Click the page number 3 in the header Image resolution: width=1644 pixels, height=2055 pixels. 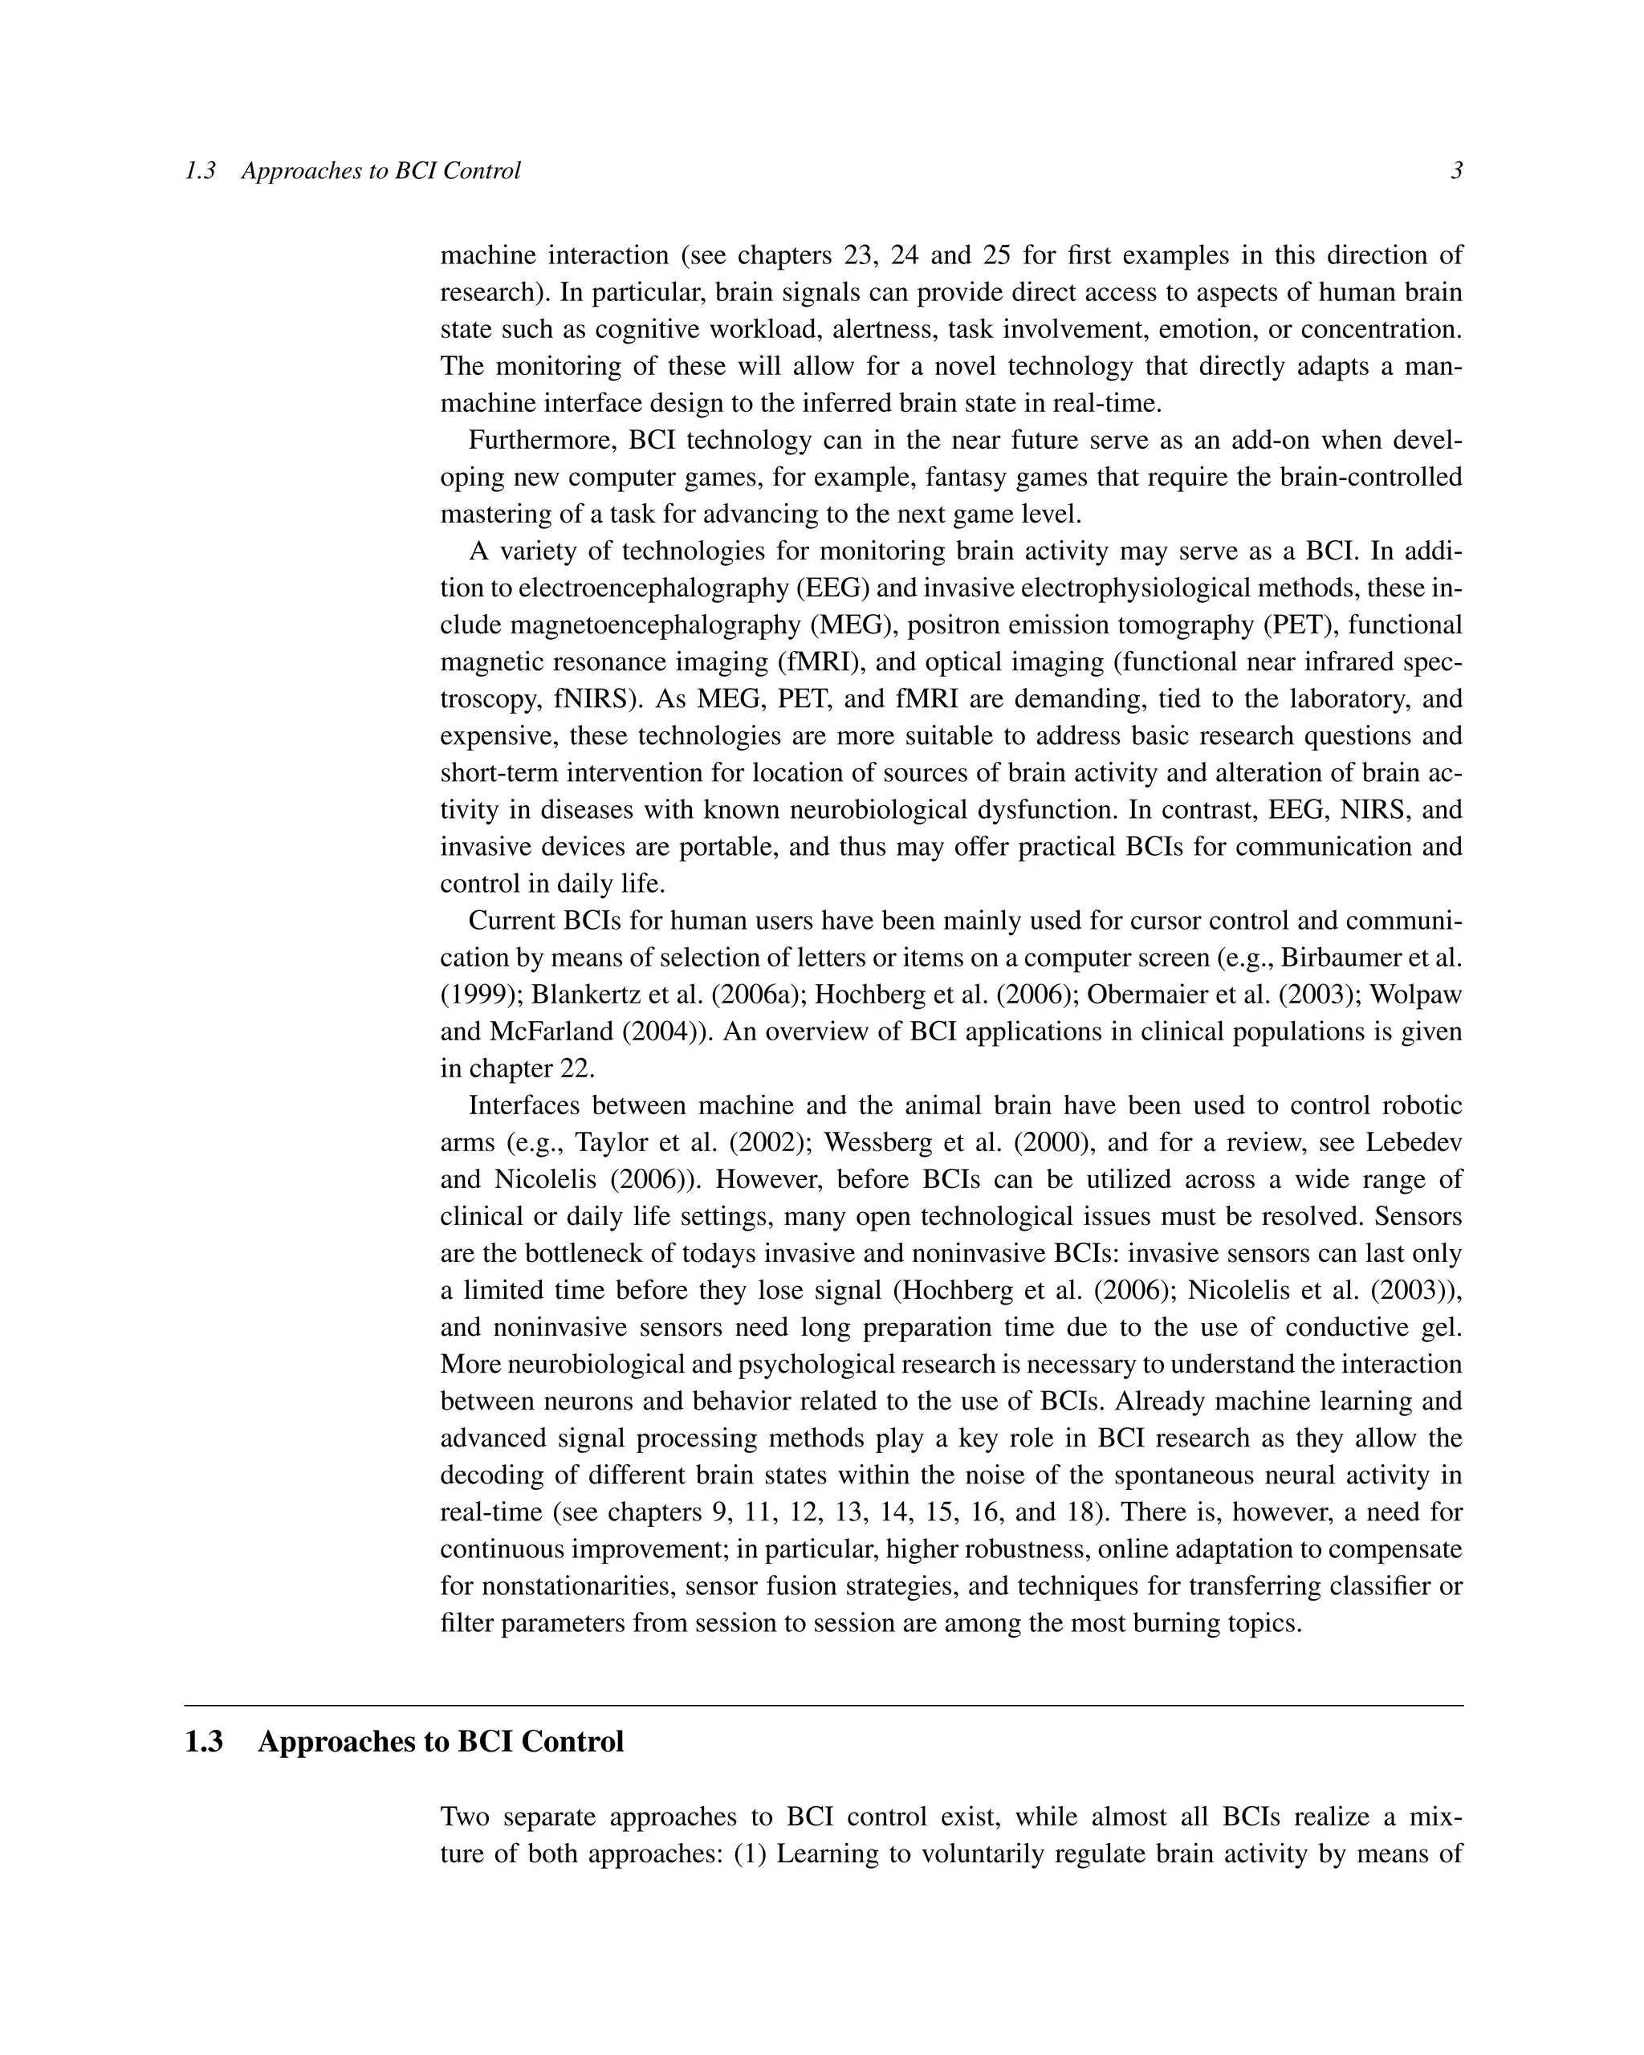(x=1456, y=171)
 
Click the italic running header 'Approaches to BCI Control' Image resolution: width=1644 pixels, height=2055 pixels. (x=380, y=171)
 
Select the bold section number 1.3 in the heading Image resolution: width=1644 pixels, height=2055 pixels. (x=203, y=1741)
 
